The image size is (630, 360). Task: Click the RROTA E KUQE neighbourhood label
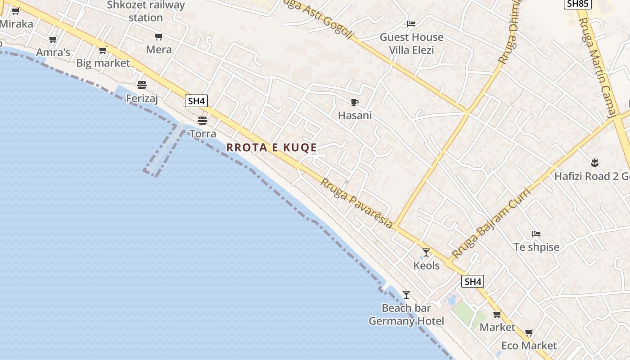pyautogui.click(x=271, y=147)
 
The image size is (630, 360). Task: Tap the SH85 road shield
pyautogui.click(x=577, y=4)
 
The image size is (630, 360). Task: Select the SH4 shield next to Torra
pyautogui.click(x=196, y=101)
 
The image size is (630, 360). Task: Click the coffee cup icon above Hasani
pyautogui.click(x=355, y=102)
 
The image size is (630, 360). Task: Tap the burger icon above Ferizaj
pyautogui.click(x=142, y=85)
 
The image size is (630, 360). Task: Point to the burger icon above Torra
pyautogui.click(x=202, y=120)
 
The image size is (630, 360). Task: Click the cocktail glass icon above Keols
pyautogui.click(x=426, y=252)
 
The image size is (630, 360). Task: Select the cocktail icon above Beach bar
pyautogui.click(x=406, y=295)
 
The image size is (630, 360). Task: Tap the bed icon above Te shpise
pyautogui.click(x=536, y=234)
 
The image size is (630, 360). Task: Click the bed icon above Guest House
pyautogui.click(x=411, y=24)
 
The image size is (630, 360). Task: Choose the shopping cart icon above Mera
pyautogui.click(x=158, y=36)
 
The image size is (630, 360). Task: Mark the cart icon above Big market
pyautogui.click(x=103, y=50)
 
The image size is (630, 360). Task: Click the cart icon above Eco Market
pyautogui.click(x=529, y=333)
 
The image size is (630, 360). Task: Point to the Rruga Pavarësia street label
pyautogui.click(x=356, y=203)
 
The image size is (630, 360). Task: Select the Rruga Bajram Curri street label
pyautogui.click(x=491, y=223)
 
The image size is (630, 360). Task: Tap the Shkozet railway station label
pyautogui.click(x=146, y=11)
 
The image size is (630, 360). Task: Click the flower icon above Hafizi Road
pyautogui.click(x=594, y=162)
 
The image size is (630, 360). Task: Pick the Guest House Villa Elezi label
pyautogui.click(x=411, y=43)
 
